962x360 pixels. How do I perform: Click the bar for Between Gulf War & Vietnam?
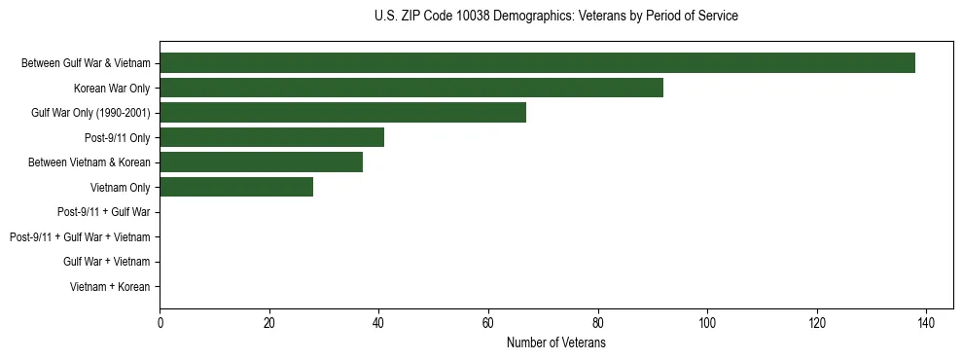pyautogui.click(x=537, y=63)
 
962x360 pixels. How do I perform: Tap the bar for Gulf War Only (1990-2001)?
pyautogui.click(x=342, y=113)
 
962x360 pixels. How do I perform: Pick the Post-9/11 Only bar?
pyautogui.click(x=271, y=137)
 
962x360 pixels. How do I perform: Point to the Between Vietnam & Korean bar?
pyautogui.click(x=261, y=162)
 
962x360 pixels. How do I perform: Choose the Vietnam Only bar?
pyautogui.click(x=236, y=187)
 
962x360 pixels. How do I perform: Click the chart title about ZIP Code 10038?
pyautogui.click(x=555, y=17)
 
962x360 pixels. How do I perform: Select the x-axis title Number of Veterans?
pyautogui.click(x=555, y=342)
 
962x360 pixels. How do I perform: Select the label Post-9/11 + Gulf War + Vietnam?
pyautogui.click(x=80, y=236)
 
